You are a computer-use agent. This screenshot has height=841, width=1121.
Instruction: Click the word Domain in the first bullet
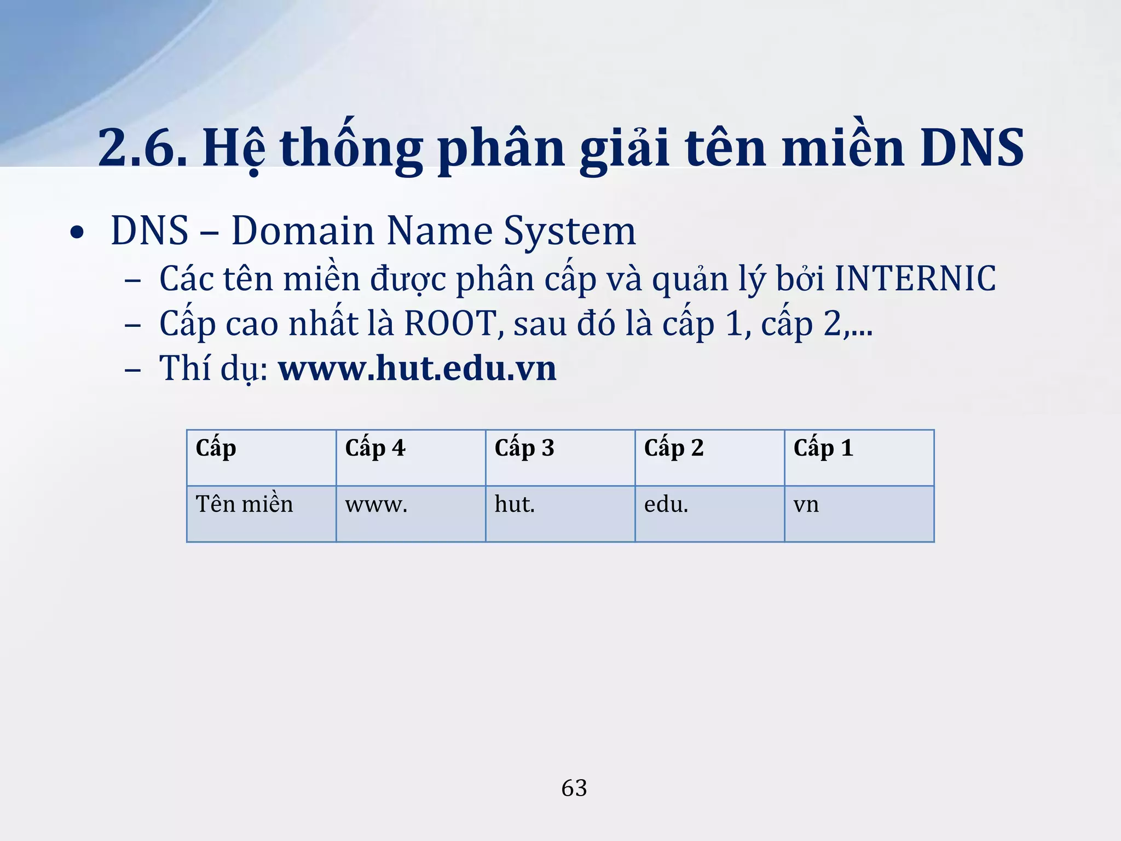pos(302,231)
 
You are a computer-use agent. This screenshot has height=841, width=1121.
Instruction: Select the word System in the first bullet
pos(569,231)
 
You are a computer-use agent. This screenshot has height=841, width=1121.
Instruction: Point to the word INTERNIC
pos(915,279)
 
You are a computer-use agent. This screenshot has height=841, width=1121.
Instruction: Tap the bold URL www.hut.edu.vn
pos(418,368)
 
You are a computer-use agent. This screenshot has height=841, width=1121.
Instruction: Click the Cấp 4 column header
pos(375,448)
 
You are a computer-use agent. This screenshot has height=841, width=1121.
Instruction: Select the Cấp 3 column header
pos(524,448)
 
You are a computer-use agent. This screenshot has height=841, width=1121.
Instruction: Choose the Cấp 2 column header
pos(674,448)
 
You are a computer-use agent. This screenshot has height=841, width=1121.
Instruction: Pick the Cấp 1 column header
pos(823,448)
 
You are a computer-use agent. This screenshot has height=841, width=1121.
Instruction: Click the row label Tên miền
pos(244,504)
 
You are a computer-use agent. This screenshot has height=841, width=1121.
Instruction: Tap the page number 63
pos(574,788)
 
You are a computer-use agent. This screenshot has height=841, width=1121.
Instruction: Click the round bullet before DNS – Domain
pos(77,233)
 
